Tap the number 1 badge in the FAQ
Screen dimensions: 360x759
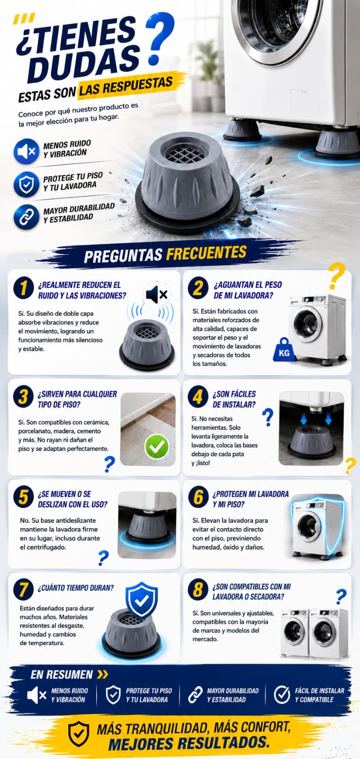coord(23,288)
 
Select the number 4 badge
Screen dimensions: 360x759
coord(198,397)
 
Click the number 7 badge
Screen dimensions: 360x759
coord(23,590)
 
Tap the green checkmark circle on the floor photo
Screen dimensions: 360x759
coord(157,446)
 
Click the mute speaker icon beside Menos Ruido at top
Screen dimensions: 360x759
coord(27,151)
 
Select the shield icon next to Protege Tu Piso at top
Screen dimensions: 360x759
coord(27,185)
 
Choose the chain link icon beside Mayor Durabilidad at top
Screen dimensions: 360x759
coord(27,217)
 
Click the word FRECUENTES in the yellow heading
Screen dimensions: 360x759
coord(206,253)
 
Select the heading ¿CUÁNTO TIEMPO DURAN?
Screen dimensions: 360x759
coord(75,588)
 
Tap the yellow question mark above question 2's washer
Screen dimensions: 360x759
coord(336,276)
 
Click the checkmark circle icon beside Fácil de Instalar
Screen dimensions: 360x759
coord(282,695)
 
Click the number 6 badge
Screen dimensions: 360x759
coord(198,497)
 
